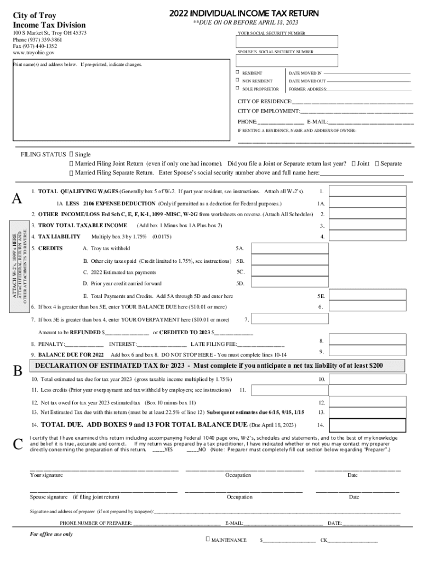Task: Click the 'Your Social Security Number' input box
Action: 287,42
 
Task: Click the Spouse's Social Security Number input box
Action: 287,60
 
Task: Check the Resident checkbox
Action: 237,72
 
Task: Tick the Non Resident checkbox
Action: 237,81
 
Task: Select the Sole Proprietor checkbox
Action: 237,88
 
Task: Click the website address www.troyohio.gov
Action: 33,53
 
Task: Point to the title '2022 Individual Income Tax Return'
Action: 244,13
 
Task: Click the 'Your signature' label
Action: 46,475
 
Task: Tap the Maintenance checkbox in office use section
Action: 208,539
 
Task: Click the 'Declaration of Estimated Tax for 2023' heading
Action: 208,366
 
